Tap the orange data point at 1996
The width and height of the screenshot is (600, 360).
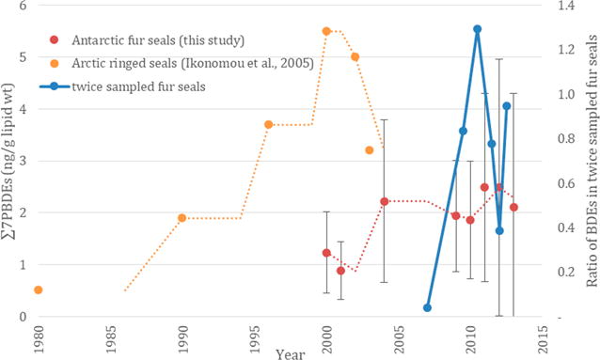pos(268,124)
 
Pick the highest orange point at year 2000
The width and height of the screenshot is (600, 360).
pos(326,31)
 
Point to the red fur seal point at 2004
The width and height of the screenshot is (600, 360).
pos(384,201)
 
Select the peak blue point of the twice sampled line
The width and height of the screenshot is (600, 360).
pos(477,29)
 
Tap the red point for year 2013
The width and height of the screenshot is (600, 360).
pos(513,207)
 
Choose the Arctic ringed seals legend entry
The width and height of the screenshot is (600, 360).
pos(160,63)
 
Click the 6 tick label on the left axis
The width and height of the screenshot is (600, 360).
pos(22,7)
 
